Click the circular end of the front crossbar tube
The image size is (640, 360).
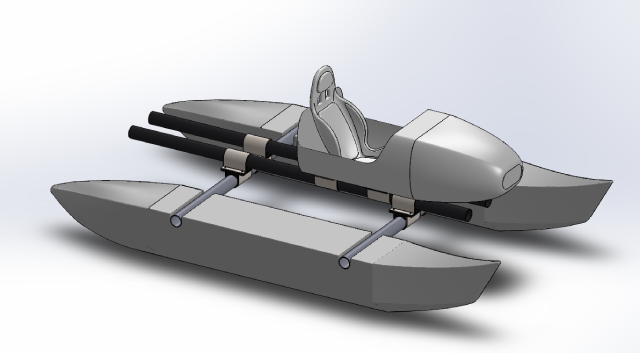(344, 263)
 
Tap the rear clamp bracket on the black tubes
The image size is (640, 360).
(236, 160)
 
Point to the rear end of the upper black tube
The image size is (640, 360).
(156, 117)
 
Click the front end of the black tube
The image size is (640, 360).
(462, 213)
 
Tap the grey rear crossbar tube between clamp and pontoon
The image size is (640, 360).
(205, 200)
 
